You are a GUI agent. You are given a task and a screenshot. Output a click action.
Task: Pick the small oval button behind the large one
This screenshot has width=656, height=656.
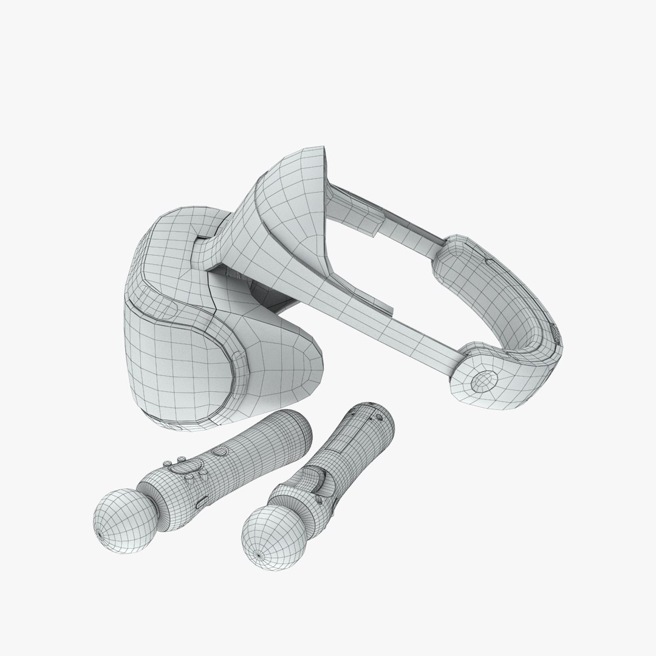[220, 451]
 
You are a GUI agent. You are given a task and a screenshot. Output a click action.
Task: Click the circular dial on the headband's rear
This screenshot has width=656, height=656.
[483, 380]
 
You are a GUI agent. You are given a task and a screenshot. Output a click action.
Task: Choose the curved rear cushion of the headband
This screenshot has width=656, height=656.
[498, 292]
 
